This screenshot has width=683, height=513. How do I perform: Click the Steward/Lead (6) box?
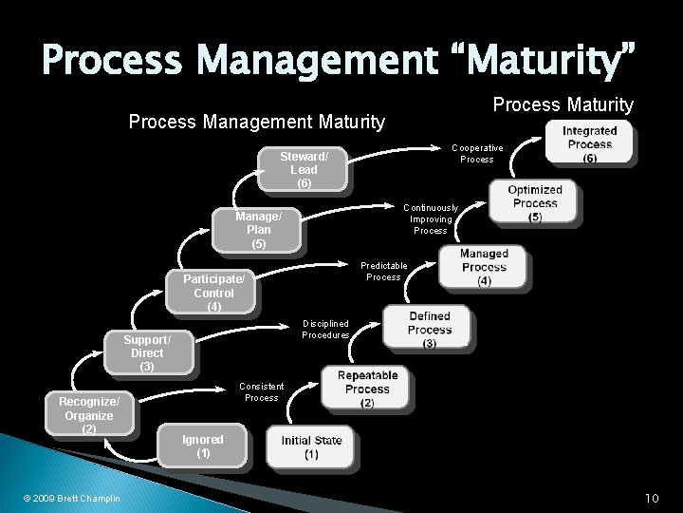(x=305, y=169)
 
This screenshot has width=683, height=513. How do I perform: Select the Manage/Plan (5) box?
(x=258, y=230)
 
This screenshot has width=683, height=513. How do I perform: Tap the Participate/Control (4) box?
(x=214, y=293)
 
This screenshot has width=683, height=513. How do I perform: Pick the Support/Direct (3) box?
(x=148, y=352)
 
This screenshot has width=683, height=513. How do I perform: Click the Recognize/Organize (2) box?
(x=89, y=415)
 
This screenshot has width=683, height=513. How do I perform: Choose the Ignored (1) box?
(x=203, y=446)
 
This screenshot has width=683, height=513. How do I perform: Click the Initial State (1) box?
(x=312, y=447)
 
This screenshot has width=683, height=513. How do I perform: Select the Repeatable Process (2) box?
(x=367, y=389)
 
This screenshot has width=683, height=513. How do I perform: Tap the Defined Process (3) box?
(x=430, y=329)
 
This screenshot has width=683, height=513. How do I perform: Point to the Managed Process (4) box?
(x=484, y=267)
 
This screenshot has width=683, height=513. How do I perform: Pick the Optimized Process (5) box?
(x=535, y=202)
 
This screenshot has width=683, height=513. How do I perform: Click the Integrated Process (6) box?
(x=589, y=143)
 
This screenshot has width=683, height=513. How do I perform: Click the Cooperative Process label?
(x=477, y=153)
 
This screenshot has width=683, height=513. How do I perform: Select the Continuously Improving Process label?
(x=431, y=218)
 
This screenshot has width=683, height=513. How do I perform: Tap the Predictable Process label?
(x=384, y=271)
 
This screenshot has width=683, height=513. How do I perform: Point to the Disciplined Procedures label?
(x=325, y=329)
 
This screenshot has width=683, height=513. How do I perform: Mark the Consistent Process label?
(x=262, y=390)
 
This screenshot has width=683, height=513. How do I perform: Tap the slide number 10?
(x=652, y=498)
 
